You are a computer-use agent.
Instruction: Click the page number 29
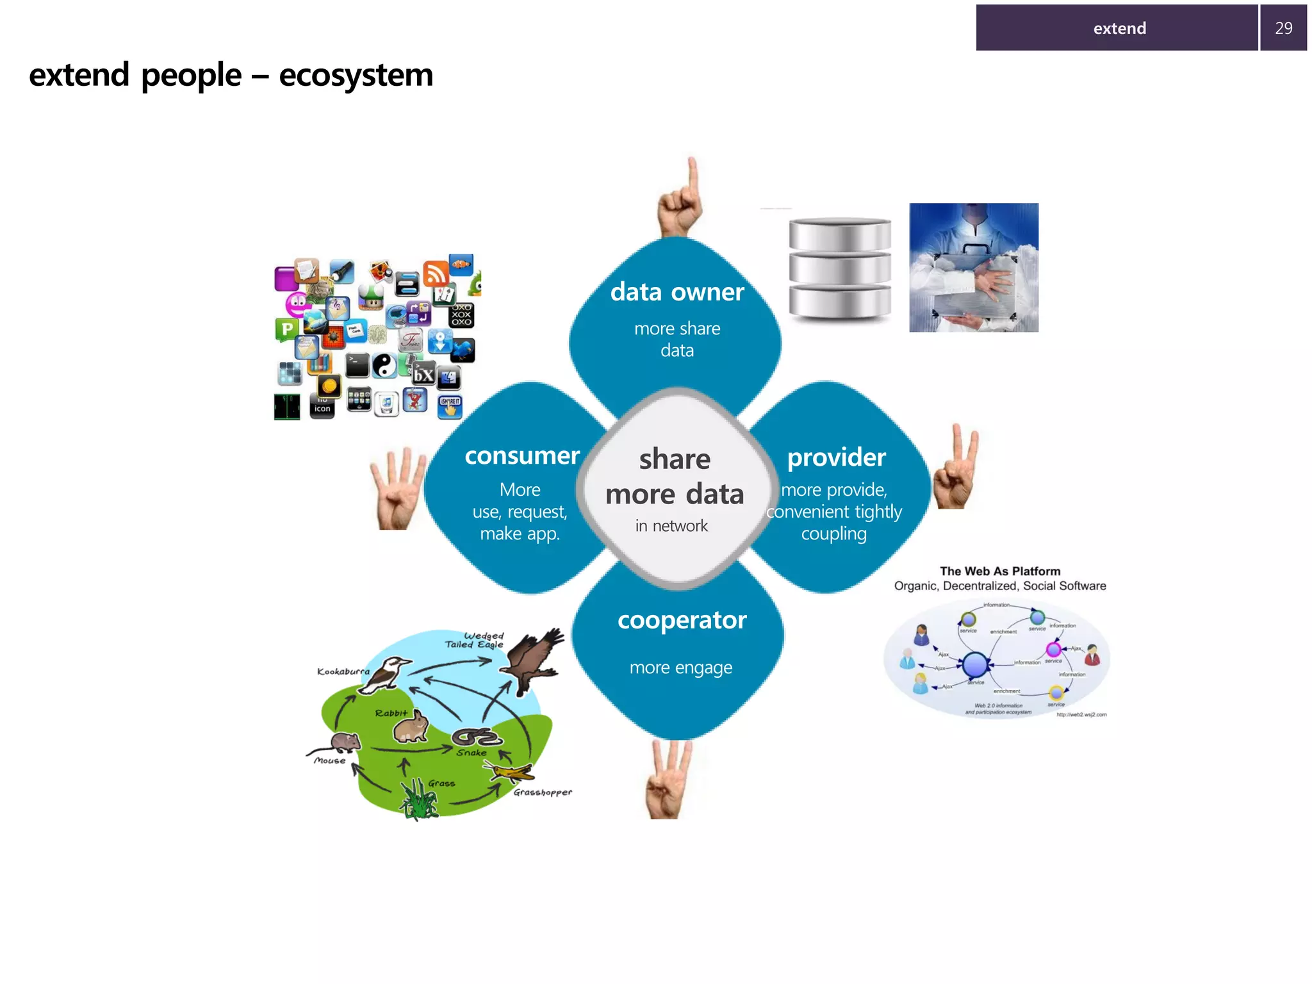tap(1283, 28)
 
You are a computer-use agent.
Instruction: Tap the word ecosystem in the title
tap(356, 76)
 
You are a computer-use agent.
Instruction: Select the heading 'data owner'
tap(676, 292)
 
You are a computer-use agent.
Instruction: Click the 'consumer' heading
tap(522, 456)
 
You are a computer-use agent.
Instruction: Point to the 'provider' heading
tap(836, 457)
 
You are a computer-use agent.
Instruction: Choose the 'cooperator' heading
tap(682, 620)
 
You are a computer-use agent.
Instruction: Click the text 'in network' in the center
tap(671, 526)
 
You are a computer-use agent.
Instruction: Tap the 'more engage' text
tap(680, 668)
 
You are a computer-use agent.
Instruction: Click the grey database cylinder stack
tap(839, 268)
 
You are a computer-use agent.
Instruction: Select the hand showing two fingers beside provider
tap(956, 468)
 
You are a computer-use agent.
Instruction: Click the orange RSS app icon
tap(436, 273)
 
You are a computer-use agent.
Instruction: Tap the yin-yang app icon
tap(384, 366)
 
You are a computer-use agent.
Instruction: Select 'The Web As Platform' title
tap(999, 571)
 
